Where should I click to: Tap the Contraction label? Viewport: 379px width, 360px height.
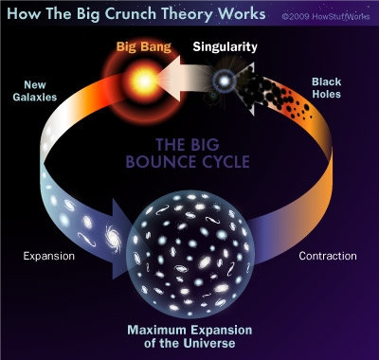(327, 256)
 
